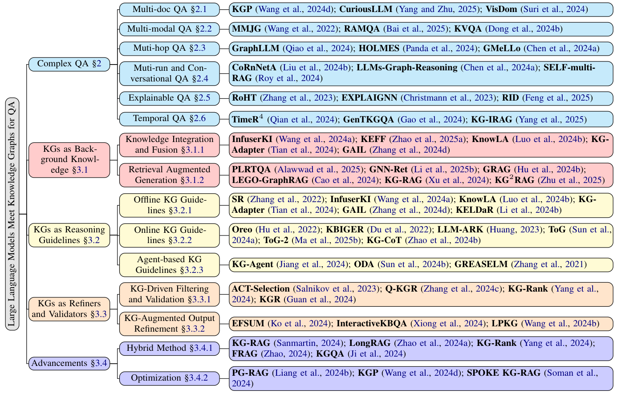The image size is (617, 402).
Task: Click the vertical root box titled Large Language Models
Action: [x=12, y=214]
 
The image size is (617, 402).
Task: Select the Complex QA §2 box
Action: [x=69, y=64]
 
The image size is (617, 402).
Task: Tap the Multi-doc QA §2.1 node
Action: [x=169, y=9]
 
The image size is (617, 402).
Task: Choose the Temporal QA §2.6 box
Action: [x=169, y=118]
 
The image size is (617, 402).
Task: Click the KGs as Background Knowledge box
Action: [x=69, y=159]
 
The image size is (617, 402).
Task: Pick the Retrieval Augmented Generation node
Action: [x=169, y=175]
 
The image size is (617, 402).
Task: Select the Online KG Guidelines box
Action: [x=169, y=235]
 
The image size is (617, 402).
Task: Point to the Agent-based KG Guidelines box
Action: [x=169, y=264]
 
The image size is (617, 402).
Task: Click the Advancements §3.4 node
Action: [x=69, y=363]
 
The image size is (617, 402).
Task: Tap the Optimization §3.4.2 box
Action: [x=169, y=378]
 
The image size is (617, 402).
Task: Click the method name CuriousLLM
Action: [x=367, y=9]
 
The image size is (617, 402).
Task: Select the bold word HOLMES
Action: [x=380, y=49]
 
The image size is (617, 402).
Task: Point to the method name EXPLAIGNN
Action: [x=369, y=98]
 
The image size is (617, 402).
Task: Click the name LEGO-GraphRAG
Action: [x=270, y=180]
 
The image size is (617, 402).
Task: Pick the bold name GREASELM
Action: [x=481, y=264]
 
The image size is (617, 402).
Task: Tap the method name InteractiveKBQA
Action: [x=371, y=324]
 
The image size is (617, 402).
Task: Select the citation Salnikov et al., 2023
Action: [x=337, y=289]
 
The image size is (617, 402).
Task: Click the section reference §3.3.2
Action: [x=193, y=329]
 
